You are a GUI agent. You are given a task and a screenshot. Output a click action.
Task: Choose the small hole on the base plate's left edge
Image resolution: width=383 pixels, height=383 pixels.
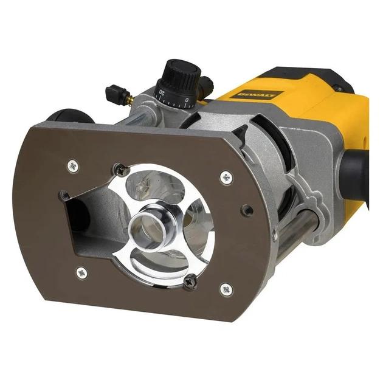[64, 196]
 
